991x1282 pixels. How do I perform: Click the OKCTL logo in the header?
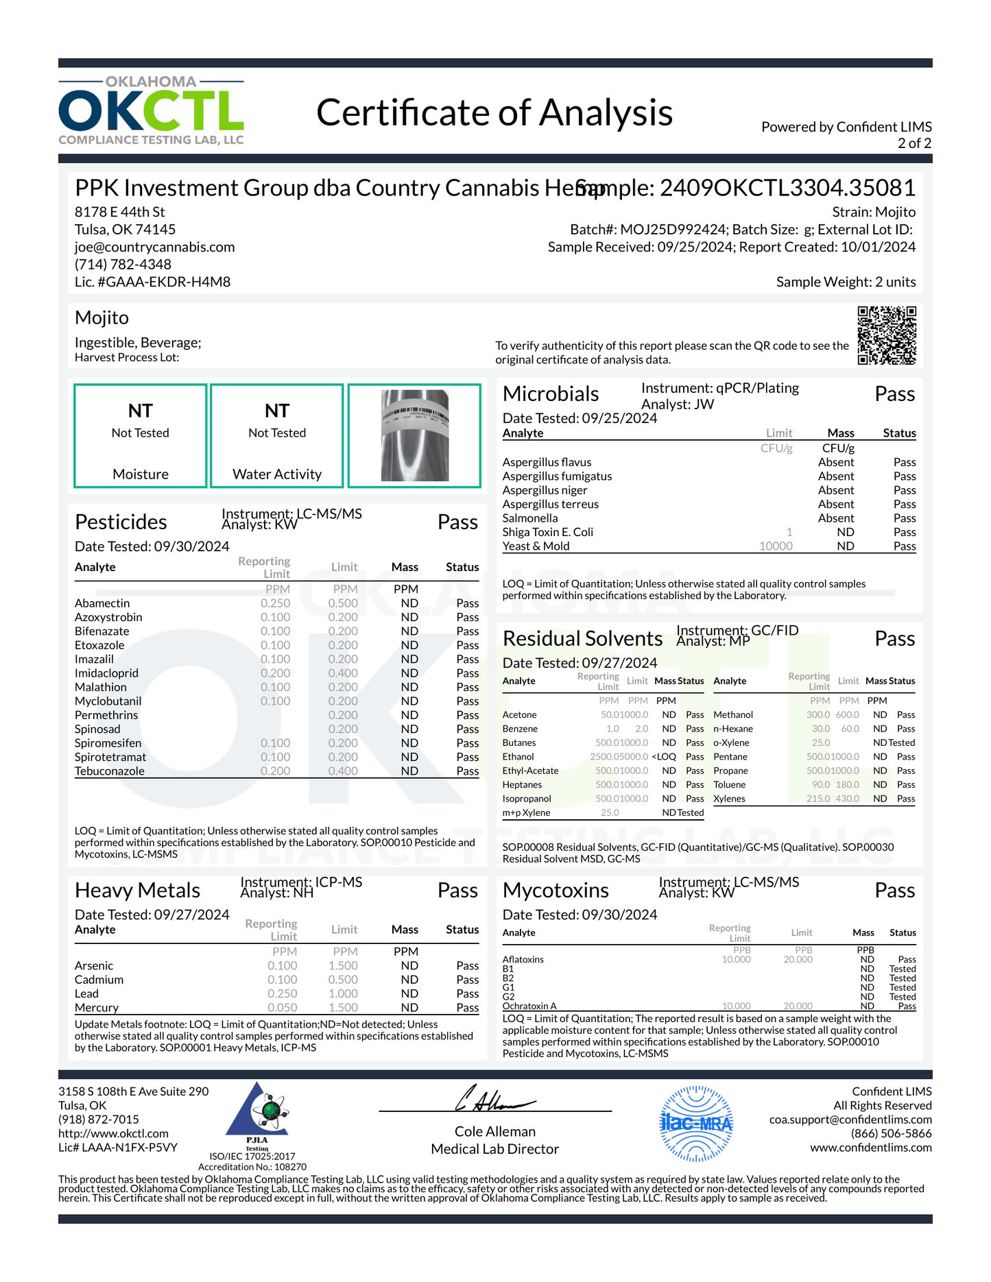(x=151, y=110)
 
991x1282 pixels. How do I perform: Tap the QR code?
(x=886, y=335)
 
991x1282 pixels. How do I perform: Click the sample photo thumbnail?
(x=414, y=436)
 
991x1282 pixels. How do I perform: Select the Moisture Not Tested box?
(x=141, y=436)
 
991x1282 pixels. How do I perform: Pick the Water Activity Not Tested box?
(x=277, y=436)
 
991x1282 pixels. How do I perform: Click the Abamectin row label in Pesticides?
(x=102, y=603)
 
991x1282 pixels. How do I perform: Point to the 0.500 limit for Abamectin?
(x=343, y=603)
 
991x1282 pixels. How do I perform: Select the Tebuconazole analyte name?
(x=110, y=771)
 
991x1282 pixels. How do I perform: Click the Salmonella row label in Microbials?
(x=530, y=518)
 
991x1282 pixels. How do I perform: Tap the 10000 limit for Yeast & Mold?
(x=776, y=546)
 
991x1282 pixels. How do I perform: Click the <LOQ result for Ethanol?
(x=664, y=757)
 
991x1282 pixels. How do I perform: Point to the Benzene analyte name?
(x=520, y=729)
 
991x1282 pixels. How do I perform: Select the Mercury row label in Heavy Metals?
(x=97, y=1008)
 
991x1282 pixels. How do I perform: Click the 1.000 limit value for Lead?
(x=343, y=994)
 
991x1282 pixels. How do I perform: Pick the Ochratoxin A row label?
(x=529, y=1006)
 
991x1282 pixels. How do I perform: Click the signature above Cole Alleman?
(x=494, y=1099)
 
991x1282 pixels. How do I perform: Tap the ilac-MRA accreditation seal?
(x=696, y=1123)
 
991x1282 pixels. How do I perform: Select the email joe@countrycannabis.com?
(x=155, y=247)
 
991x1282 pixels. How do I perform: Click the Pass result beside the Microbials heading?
(x=894, y=394)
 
